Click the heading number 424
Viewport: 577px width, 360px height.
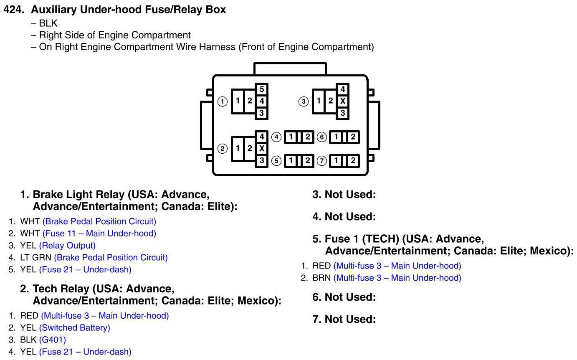point(15,10)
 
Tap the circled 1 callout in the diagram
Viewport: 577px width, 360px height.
point(223,101)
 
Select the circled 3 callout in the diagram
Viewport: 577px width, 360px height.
point(304,101)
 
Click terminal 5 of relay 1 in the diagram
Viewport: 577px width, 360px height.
point(261,89)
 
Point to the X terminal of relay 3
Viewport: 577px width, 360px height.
point(342,101)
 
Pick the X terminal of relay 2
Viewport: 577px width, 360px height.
point(261,148)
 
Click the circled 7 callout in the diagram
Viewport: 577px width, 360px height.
point(321,161)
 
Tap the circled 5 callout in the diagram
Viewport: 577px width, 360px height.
point(276,161)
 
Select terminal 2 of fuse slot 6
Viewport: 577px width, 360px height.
point(352,137)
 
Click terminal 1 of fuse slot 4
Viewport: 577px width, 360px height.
point(291,137)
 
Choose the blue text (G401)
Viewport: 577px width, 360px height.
point(52,340)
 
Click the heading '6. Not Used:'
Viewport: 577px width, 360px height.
point(344,297)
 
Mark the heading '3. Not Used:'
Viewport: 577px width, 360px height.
point(344,194)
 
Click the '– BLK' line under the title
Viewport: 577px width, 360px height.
point(44,23)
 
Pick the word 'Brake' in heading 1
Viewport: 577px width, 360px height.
point(46,194)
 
